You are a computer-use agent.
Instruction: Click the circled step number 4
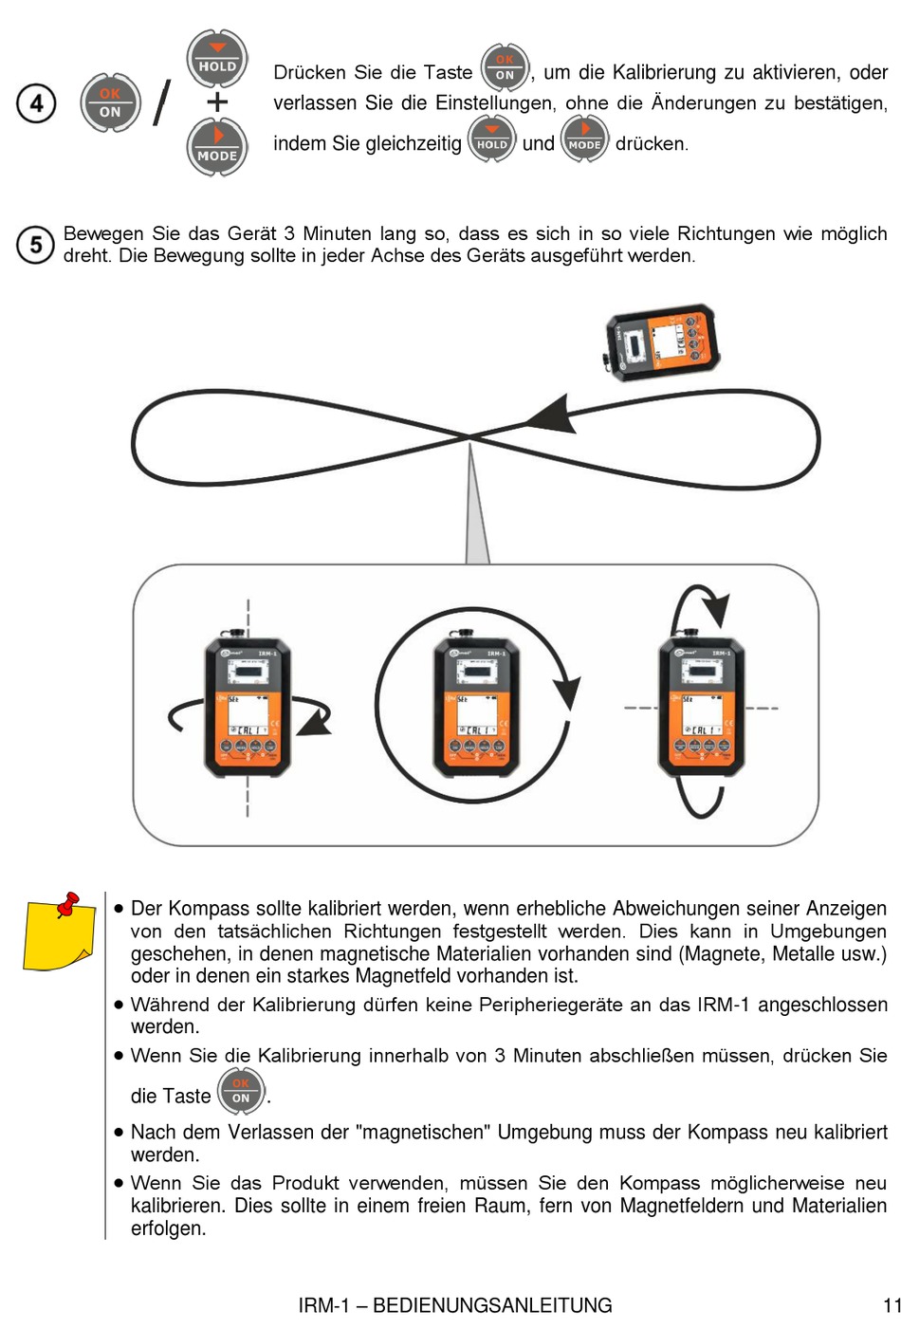tap(36, 102)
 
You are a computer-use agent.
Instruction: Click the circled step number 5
tap(35, 245)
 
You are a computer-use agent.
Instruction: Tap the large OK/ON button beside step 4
tap(110, 102)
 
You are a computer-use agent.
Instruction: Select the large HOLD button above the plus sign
tap(217, 59)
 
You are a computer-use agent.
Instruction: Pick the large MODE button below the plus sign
tap(217, 147)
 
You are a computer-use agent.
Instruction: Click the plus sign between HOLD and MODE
tap(217, 102)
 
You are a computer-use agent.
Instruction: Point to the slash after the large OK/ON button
tap(162, 102)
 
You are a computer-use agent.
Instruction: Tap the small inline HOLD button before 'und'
tap(491, 138)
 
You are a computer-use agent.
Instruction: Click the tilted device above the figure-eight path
tap(662, 342)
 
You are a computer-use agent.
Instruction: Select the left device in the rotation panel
tap(248, 707)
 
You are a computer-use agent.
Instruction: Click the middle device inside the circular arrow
tap(475, 707)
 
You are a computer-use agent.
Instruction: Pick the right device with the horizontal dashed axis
tap(701, 707)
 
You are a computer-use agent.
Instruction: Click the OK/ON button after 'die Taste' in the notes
tap(241, 1091)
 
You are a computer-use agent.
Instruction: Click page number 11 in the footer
tap(892, 1305)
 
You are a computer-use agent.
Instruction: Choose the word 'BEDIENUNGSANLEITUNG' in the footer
tap(492, 1305)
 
